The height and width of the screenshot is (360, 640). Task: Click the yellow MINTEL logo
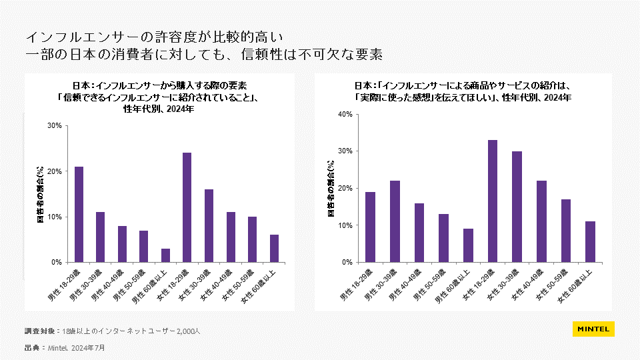[x=593, y=329]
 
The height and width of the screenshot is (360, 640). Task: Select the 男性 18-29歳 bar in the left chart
[x=79, y=214]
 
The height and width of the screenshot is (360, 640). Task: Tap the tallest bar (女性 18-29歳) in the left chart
[x=187, y=207]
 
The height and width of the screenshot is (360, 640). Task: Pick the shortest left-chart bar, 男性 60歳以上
[x=165, y=255]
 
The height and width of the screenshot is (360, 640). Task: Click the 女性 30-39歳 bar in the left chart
[x=209, y=225]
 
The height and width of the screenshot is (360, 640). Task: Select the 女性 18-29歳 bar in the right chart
[x=493, y=201]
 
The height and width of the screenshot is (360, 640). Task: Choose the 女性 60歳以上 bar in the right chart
[x=590, y=241]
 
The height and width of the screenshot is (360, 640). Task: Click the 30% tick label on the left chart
[x=55, y=126]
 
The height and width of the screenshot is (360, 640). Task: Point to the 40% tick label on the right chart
[x=345, y=114]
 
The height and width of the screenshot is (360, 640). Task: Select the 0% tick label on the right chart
[x=347, y=262]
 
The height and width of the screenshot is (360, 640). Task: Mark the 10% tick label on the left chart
[x=55, y=217]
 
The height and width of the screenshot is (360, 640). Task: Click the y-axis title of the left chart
[x=41, y=194]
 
